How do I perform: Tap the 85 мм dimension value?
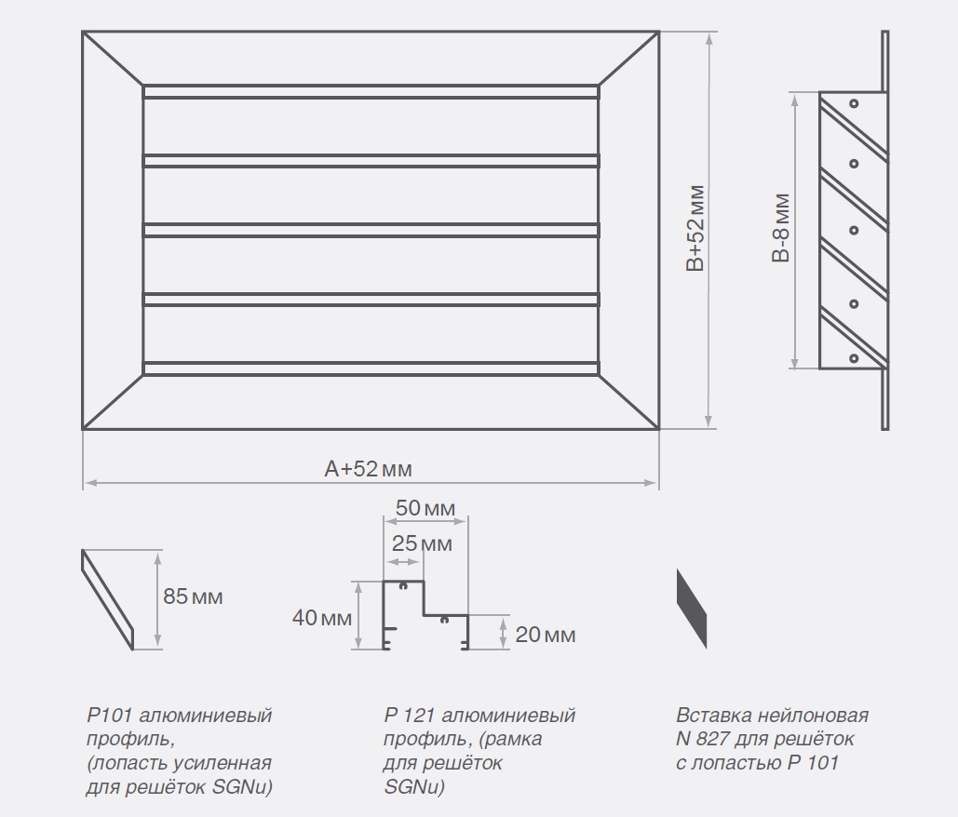click(x=193, y=596)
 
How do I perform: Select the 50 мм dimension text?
click(x=425, y=509)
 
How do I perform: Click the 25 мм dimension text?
click(x=423, y=543)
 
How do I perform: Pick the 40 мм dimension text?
click(x=322, y=617)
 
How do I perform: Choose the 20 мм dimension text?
click(x=546, y=636)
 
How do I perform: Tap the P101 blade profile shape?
click(x=110, y=599)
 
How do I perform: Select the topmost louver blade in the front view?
click(x=371, y=92)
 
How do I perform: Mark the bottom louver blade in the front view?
click(x=371, y=367)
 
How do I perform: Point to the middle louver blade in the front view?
click(x=371, y=229)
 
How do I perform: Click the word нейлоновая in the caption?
click(x=812, y=716)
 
